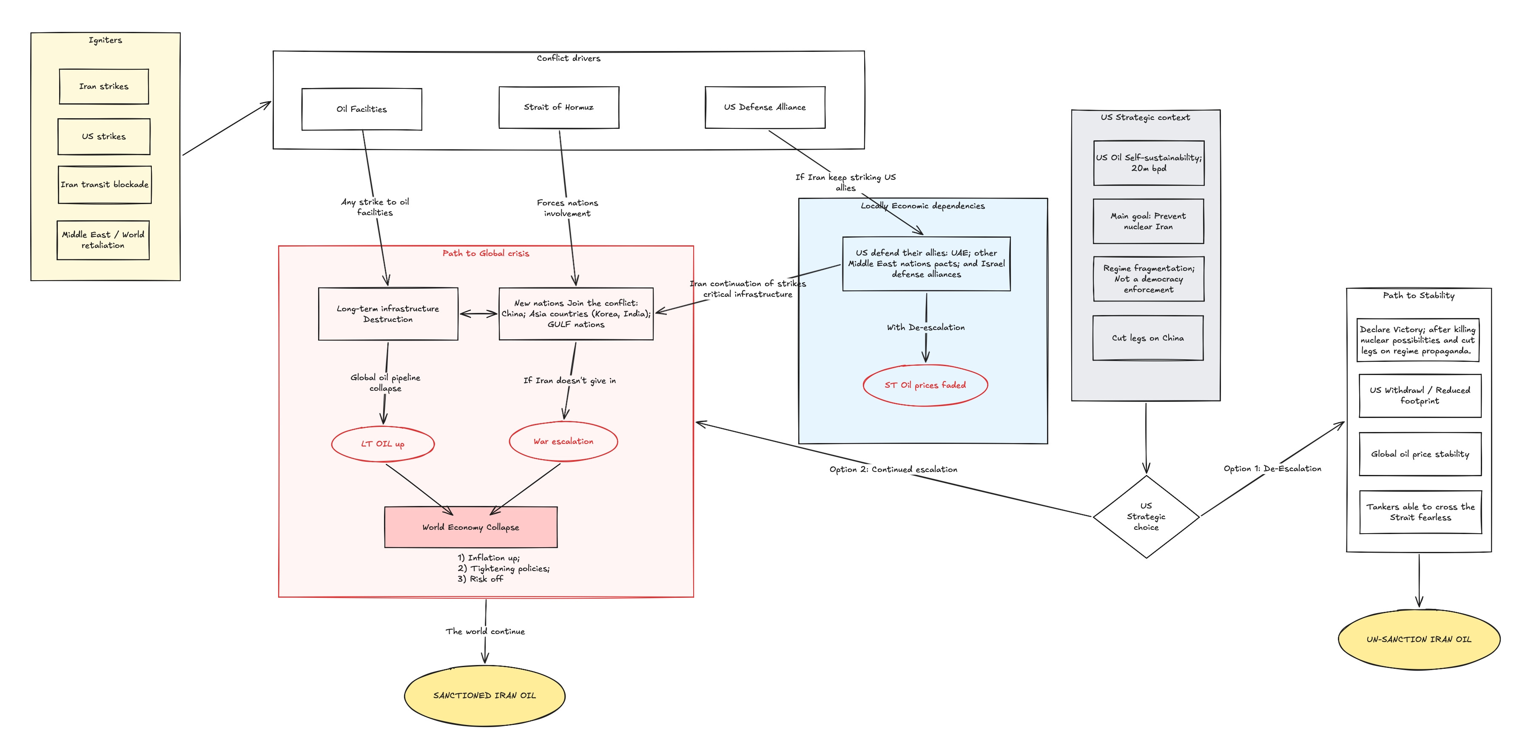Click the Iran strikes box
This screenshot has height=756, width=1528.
pos(104,87)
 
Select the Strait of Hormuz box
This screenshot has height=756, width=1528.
pos(559,107)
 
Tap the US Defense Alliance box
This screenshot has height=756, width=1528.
pos(765,107)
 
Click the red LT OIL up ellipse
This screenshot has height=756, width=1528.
pos(383,443)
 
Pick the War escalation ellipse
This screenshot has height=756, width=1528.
pos(563,441)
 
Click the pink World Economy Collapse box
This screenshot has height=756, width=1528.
pos(471,527)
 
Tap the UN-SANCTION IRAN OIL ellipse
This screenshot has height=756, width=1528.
pos(1419,639)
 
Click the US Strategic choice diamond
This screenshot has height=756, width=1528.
pos(1146,517)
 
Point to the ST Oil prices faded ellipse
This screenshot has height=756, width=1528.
pos(925,385)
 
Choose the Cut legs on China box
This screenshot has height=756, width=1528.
pos(1148,338)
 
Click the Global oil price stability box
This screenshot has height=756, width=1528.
pos(1420,454)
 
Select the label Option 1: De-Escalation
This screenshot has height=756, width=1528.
pos(1272,469)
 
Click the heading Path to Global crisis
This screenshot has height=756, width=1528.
pos(486,253)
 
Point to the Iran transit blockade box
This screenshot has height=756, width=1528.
pos(104,185)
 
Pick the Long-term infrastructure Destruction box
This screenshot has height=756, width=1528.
pos(388,314)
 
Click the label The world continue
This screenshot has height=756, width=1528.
pos(485,631)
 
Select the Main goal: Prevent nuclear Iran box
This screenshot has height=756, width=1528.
pos(1148,221)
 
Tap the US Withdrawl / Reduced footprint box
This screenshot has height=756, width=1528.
pos(1420,395)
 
